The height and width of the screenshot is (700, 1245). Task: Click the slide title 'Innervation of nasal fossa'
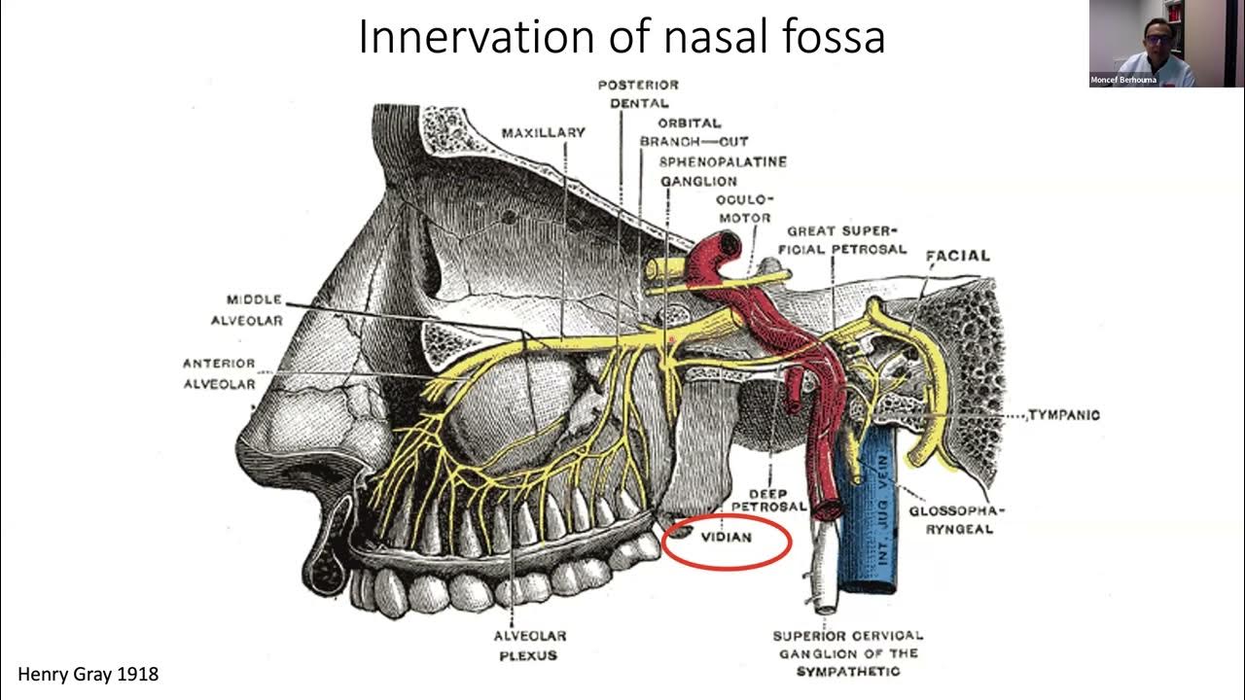point(622,37)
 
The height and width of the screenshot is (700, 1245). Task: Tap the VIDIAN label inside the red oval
point(726,537)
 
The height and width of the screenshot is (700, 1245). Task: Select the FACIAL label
point(958,256)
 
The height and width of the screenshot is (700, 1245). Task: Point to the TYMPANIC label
point(1063,415)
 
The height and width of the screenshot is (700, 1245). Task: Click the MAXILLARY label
point(544,132)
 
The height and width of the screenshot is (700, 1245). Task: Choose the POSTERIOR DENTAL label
point(638,93)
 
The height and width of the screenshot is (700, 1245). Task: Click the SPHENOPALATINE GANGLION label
point(723,171)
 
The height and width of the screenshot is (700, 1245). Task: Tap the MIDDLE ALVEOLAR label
point(255,309)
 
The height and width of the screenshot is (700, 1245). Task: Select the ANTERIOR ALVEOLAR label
point(219,373)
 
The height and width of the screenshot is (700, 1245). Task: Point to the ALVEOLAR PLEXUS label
point(530,646)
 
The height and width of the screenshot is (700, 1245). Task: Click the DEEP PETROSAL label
point(769,500)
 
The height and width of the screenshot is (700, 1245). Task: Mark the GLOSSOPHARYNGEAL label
point(957,519)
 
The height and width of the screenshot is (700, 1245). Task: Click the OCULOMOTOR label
point(743,208)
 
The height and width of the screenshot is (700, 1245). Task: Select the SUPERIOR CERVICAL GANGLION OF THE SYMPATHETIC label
point(848,653)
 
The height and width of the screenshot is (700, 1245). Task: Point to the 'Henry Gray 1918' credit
point(89,674)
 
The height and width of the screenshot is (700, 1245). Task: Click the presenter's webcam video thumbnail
point(1142,44)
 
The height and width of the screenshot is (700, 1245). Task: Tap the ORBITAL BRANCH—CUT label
point(693,132)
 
